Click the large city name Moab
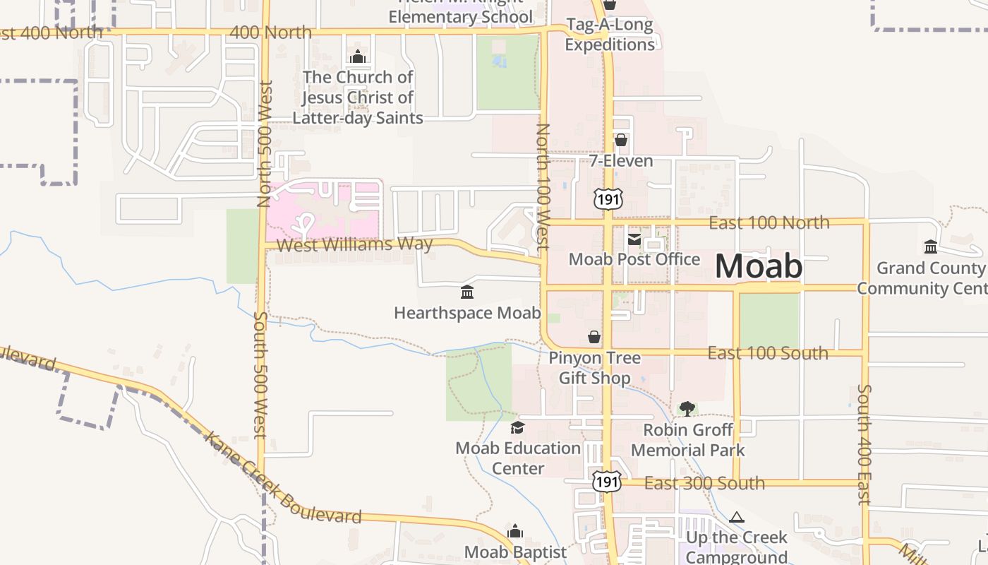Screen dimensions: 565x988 [x=759, y=266]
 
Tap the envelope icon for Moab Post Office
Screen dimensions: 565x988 [x=634, y=240]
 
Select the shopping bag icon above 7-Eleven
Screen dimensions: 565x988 [x=621, y=140]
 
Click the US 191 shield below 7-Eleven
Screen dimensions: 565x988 [x=608, y=199]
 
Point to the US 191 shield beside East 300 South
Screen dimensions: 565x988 [x=607, y=482]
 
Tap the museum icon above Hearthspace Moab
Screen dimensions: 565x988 [x=466, y=292]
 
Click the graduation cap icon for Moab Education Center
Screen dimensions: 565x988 [x=518, y=427]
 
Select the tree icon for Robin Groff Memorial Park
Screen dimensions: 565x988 [x=687, y=408]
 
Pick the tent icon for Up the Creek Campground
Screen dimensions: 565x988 [x=737, y=517]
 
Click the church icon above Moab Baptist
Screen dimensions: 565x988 [x=516, y=531]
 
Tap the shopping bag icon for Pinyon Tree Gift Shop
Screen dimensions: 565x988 [x=595, y=337]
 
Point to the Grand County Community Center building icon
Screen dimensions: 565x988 [x=931, y=247]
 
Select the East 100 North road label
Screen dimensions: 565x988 [x=769, y=223]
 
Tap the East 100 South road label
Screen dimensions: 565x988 [x=768, y=353]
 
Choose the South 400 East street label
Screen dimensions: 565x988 [x=864, y=444]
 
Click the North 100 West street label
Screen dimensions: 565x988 [x=543, y=187]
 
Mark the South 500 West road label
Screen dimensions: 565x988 [x=260, y=374]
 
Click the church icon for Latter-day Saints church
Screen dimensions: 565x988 [x=358, y=56]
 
